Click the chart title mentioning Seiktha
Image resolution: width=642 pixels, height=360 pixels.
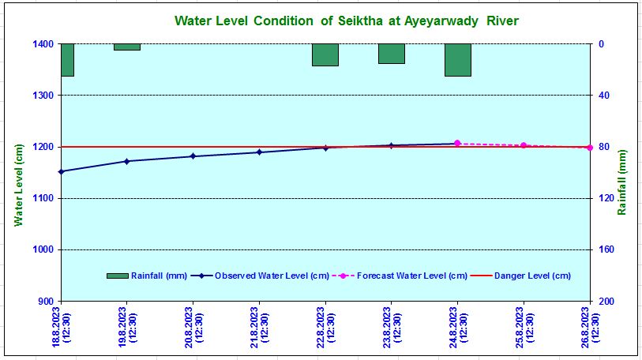tap(346, 21)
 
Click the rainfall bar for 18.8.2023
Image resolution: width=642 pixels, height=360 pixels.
tap(67, 60)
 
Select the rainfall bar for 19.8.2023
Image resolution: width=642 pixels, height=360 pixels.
tap(126, 47)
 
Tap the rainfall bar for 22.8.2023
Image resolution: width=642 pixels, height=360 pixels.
tap(325, 54)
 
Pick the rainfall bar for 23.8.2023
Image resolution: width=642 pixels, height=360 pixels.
tap(391, 54)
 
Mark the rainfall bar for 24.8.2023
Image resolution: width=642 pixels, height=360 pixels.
tap(457, 60)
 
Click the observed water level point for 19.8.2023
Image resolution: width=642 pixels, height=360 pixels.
tap(126, 161)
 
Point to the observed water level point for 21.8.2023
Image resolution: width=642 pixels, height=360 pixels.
tap(259, 152)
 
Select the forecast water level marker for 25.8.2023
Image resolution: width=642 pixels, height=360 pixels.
tap(524, 145)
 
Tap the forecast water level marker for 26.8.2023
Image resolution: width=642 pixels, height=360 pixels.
tap(589, 148)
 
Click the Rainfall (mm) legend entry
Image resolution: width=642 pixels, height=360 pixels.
tap(147, 276)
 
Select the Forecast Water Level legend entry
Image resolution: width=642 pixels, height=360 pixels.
tap(400, 276)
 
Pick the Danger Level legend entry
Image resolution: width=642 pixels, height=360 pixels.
tap(520, 276)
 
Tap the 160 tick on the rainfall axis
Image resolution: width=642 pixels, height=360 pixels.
tap(606, 250)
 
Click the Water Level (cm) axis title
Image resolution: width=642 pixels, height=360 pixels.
tap(18, 184)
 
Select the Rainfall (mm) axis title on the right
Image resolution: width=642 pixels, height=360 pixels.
tap(622, 182)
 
